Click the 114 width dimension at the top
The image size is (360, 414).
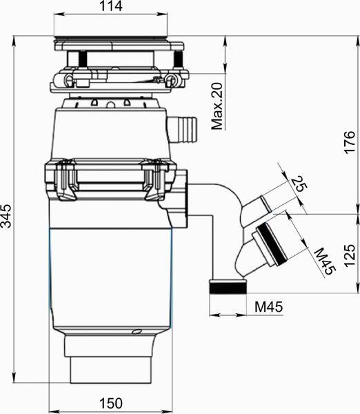(111, 6)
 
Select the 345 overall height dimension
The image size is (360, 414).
(6, 216)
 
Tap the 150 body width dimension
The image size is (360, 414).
(111, 403)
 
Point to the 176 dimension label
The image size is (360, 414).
(350, 142)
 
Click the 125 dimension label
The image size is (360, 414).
(350, 255)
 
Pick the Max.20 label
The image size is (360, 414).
(217, 106)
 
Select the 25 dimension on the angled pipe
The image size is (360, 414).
(299, 184)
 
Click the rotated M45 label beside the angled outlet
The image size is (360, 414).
(325, 262)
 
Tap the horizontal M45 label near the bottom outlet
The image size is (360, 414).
(268, 306)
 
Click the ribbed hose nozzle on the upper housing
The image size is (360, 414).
(182, 129)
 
